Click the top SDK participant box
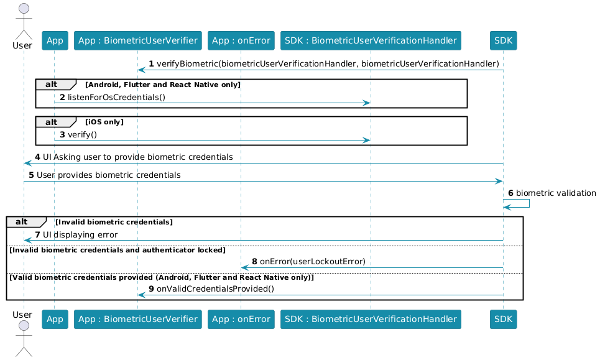(503, 40)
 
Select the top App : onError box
(241, 40)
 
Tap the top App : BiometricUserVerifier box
(138, 40)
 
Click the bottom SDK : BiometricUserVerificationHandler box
(371, 319)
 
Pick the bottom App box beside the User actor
(55, 319)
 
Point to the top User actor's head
(24, 9)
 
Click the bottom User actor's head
(24, 326)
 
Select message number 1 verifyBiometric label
(324, 64)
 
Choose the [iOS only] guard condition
(104, 122)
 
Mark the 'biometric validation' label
(556, 193)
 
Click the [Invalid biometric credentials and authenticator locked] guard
(118, 250)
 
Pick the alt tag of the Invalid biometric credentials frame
(22, 222)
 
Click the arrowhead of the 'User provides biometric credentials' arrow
(499, 182)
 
